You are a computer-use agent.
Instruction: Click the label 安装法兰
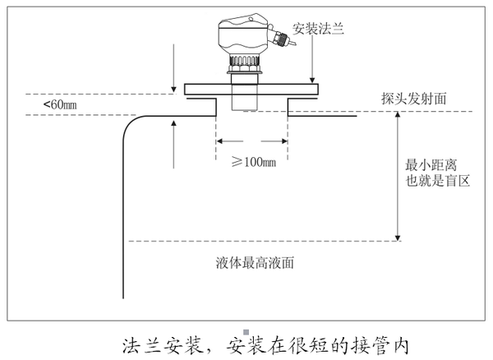pyautogui.click(x=318, y=29)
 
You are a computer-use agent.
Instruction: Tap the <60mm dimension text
pyautogui.click(x=60, y=104)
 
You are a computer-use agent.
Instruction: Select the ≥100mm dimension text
pyautogui.click(x=254, y=162)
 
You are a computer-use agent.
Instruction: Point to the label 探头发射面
pyautogui.click(x=414, y=99)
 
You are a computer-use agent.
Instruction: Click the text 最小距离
pyautogui.click(x=431, y=165)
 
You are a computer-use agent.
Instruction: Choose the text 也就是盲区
pyautogui.click(x=437, y=181)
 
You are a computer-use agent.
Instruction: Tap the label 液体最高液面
pyautogui.click(x=255, y=263)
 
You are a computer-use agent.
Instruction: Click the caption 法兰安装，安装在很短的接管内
pyautogui.click(x=265, y=346)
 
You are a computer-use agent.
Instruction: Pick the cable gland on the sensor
pyautogui.click(x=280, y=38)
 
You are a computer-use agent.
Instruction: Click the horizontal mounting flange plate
pyautogui.click(x=251, y=90)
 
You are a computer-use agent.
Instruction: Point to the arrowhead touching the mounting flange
pyautogui.click(x=312, y=81)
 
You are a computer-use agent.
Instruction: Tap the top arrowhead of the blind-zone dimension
pyautogui.click(x=398, y=115)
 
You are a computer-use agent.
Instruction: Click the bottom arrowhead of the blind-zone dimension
pyautogui.click(x=398, y=238)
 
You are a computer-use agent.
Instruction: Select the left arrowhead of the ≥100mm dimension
pyautogui.click(x=219, y=141)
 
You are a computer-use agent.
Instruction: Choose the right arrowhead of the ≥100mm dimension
pyautogui.click(x=284, y=141)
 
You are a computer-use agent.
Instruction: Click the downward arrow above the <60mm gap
pyautogui.click(x=173, y=68)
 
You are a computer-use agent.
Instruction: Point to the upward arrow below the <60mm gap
pyautogui.click(x=173, y=144)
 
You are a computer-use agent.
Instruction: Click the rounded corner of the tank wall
pyautogui.click(x=130, y=123)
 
